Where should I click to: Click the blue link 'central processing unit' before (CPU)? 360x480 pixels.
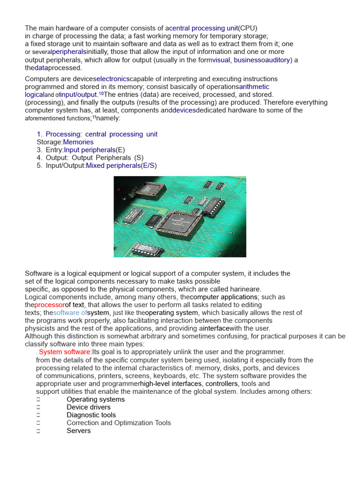click(x=203, y=28)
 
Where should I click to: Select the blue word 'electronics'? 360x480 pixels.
click(x=113, y=79)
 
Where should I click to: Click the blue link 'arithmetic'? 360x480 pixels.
click(x=254, y=87)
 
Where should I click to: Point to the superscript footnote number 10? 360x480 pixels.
click(x=101, y=93)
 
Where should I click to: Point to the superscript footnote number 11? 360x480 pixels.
click(x=94, y=117)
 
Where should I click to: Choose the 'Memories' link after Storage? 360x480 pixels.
click(x=78, y=142)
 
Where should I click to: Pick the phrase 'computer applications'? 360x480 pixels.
click(x=224, y=297)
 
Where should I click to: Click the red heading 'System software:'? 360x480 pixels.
click(x=65, y=352)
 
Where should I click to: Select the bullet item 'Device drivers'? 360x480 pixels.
click(x=89, y=407)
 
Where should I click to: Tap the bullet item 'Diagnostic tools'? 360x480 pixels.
click(x=91, y=415)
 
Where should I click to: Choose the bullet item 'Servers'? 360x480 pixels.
click(x=79, y=430)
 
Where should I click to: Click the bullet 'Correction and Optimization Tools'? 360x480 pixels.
click(x=119, y=423)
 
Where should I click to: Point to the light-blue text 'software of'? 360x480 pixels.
click(x=70, y=313)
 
